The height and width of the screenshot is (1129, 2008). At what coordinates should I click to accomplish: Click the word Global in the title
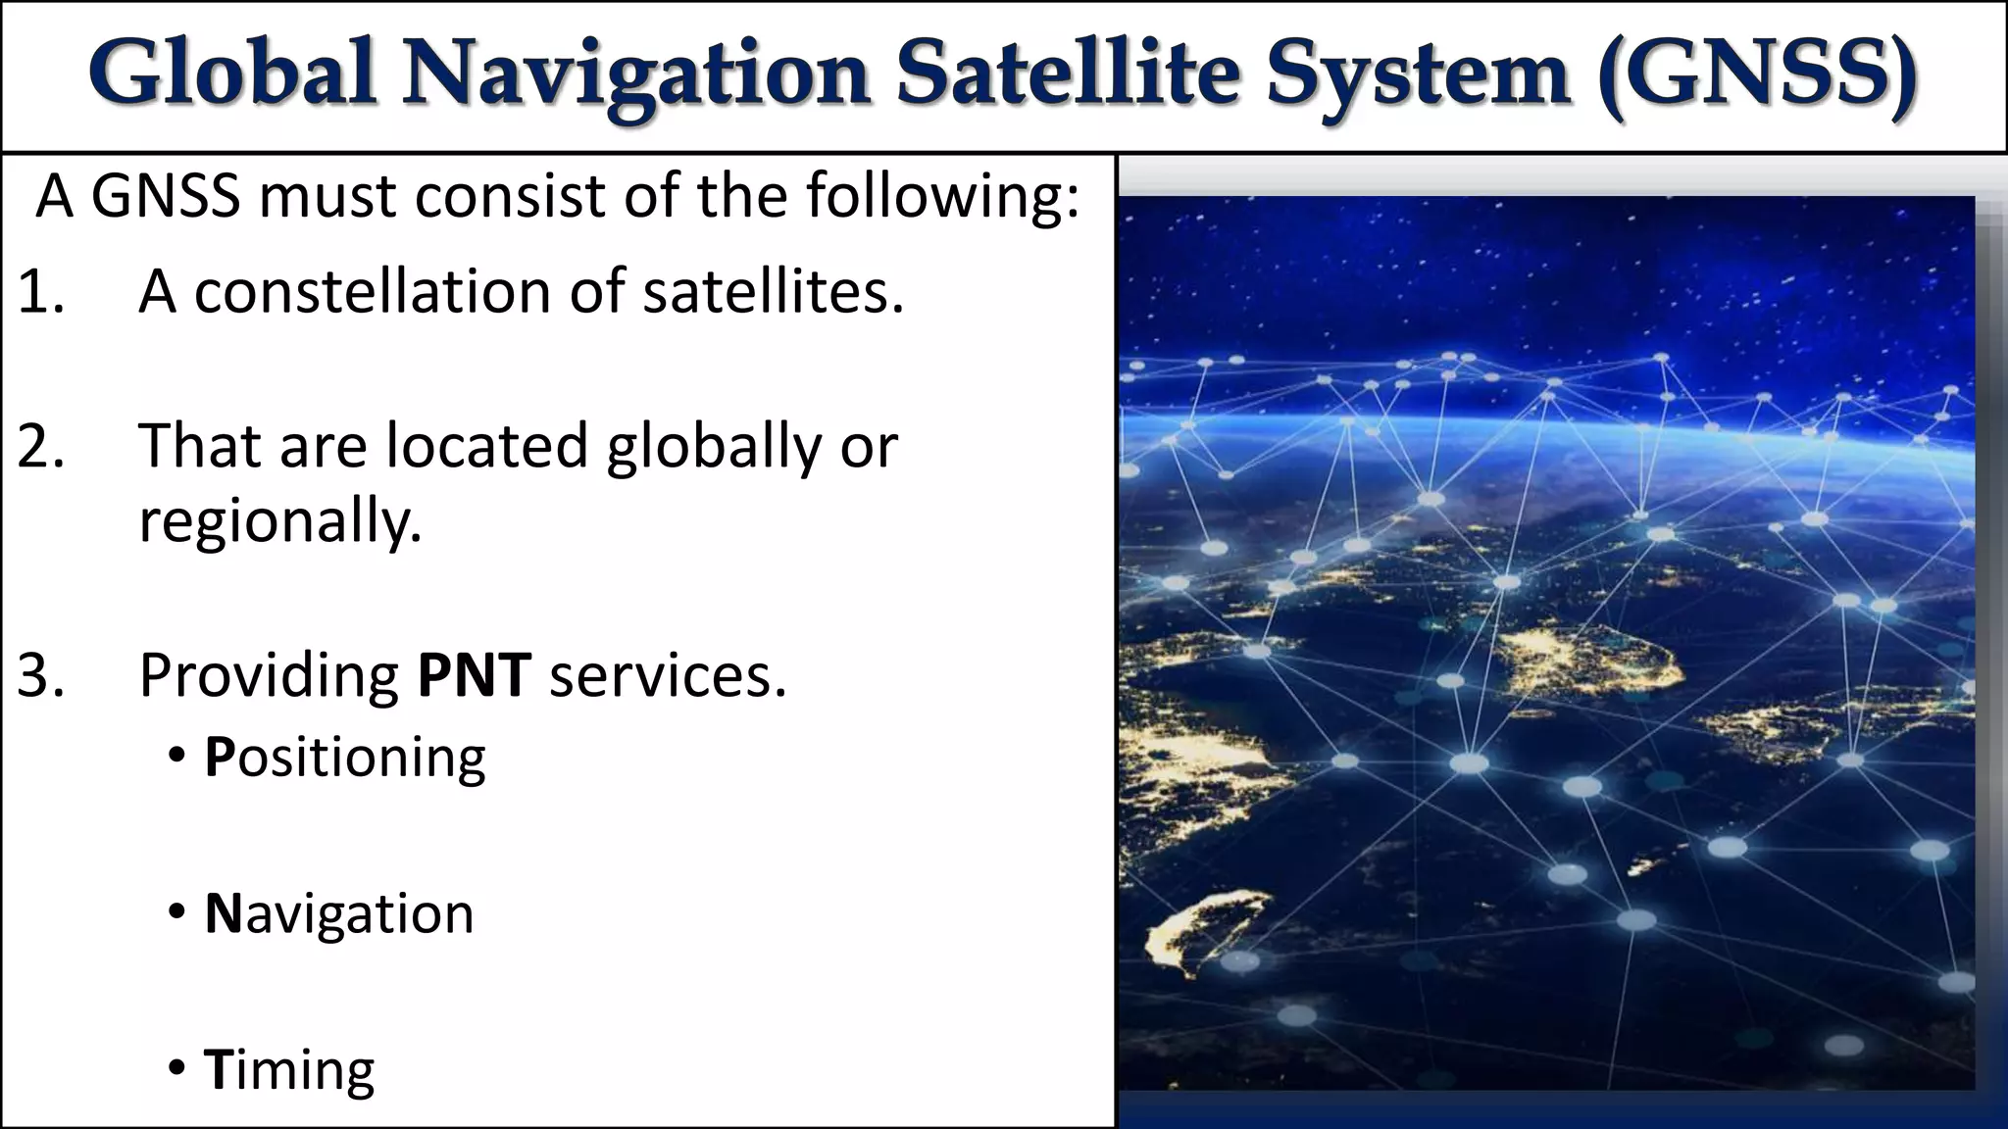[x=232, y=73]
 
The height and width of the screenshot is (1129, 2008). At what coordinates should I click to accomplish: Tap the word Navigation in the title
[x=635, y=74]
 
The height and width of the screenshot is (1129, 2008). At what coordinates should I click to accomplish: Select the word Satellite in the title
[x=1068, y=73]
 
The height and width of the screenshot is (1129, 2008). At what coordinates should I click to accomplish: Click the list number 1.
[x=40, y=292]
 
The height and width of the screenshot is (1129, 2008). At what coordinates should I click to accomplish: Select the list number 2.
[x=40, y=446]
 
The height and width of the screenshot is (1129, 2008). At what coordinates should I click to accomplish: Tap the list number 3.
[x=40, y=675]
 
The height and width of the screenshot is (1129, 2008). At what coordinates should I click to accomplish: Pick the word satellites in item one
[x=772, y=292]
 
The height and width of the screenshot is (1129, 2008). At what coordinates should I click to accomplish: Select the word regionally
[x=279, y=522]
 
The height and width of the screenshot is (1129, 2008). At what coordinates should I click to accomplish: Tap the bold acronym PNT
[x=474, y=675]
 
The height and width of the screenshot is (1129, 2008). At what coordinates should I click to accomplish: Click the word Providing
[x=269, y=677]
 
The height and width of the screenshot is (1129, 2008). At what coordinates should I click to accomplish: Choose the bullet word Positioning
[x=344, y=759]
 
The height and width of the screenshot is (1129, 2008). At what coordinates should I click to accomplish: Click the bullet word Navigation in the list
[x=338, y=914]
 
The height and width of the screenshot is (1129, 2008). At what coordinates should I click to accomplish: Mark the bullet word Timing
[x=288, y=1070]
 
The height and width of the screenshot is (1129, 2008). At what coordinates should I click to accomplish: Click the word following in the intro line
[x=942, y=197]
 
